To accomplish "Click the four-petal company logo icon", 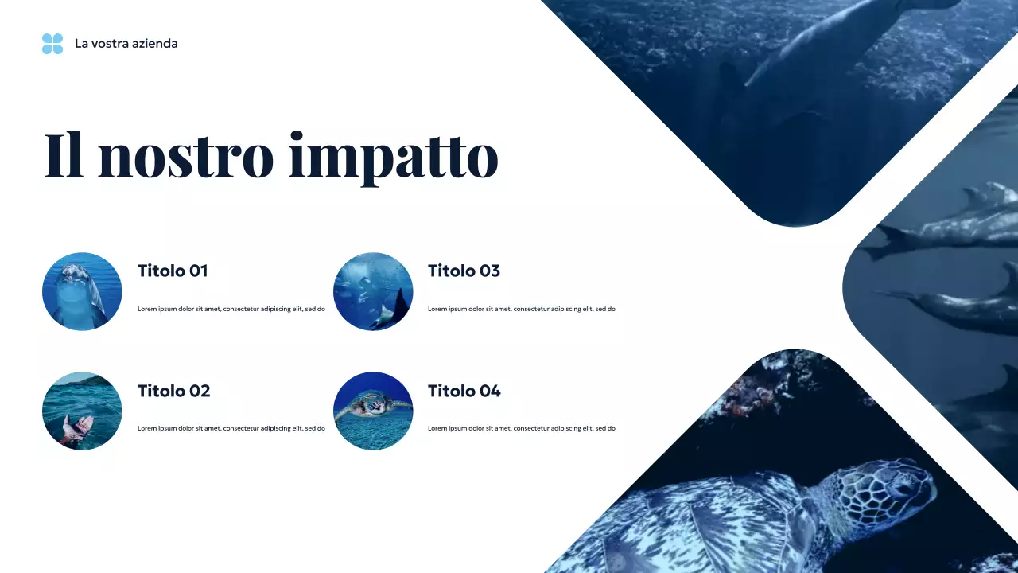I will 52,44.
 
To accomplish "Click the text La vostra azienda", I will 126,44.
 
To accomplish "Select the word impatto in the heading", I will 393,157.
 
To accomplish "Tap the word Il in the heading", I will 64,155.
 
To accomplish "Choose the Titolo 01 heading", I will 173,271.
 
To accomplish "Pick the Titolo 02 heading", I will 173,391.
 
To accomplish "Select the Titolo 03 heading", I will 464,271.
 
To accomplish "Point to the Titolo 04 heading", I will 464,391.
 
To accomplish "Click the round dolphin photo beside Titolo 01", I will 82,291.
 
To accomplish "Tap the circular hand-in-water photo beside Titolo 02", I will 82,411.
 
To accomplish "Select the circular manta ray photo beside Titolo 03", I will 373,291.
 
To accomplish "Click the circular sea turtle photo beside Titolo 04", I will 373,411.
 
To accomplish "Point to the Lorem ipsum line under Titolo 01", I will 231,309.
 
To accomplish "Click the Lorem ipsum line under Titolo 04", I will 521,428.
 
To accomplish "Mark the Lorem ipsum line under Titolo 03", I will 521,309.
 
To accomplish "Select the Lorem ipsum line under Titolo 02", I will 231,428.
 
